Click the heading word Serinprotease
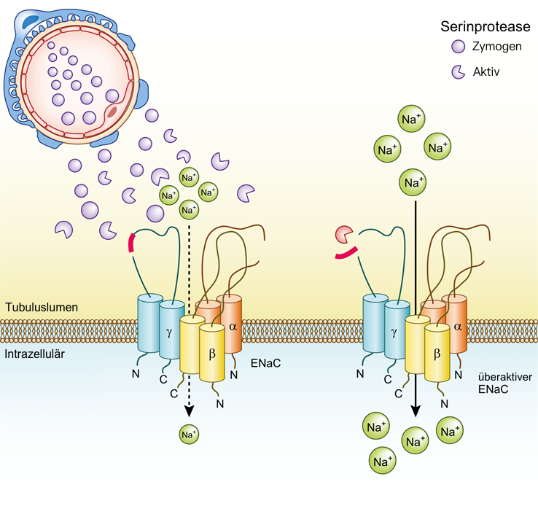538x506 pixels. click(484, 27)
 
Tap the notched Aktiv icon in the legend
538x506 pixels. click(459, 71)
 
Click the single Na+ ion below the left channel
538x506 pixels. click(189, 435)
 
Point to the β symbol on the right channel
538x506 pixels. click(437, 353)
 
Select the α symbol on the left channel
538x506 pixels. click(233, 326)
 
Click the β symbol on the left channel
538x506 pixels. click(212, 353)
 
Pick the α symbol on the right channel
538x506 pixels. click(457, 326)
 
